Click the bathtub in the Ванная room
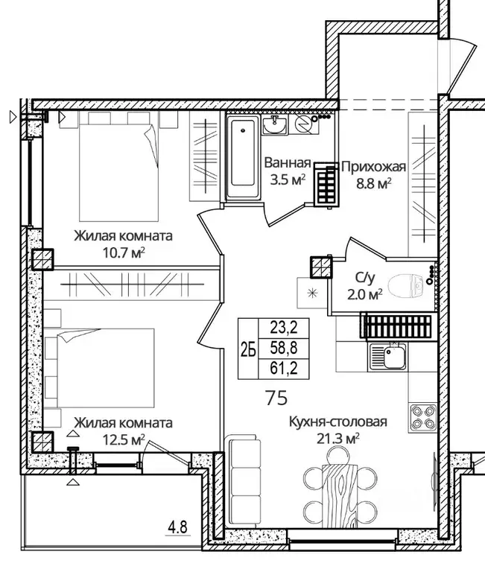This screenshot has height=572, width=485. pos(243,157)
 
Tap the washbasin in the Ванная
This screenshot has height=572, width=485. pos(276,124)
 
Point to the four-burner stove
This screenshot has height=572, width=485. pos(424,417)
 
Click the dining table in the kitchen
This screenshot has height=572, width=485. pos(340,495)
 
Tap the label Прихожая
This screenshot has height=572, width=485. pos(374,167)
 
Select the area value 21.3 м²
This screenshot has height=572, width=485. pos(338,439)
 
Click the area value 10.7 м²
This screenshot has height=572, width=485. pos(124,252)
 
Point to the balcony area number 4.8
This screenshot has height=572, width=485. pos(178,527)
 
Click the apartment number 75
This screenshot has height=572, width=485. pos(276,398)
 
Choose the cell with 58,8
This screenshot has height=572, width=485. pos(284,349)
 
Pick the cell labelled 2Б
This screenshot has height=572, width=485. pos(248,349)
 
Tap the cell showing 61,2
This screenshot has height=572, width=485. pos(284,369)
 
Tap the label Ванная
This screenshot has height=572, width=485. pos(288,162)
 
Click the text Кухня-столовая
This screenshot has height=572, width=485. pos(338,422)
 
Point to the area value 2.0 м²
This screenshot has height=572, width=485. pos(364,293)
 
